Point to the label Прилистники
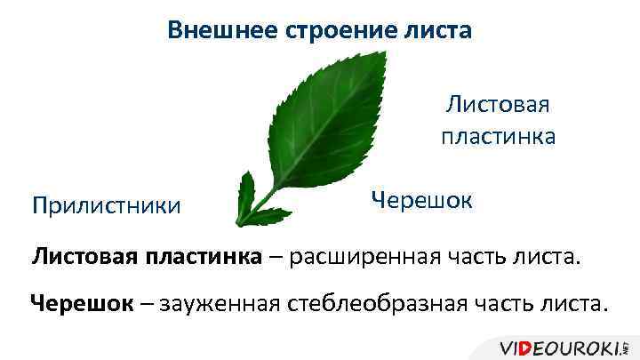[x=105, y=205]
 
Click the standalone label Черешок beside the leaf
[x=421, y=199]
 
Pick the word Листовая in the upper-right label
[x=498, y=105]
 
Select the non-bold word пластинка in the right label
[x=498, y=136]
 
